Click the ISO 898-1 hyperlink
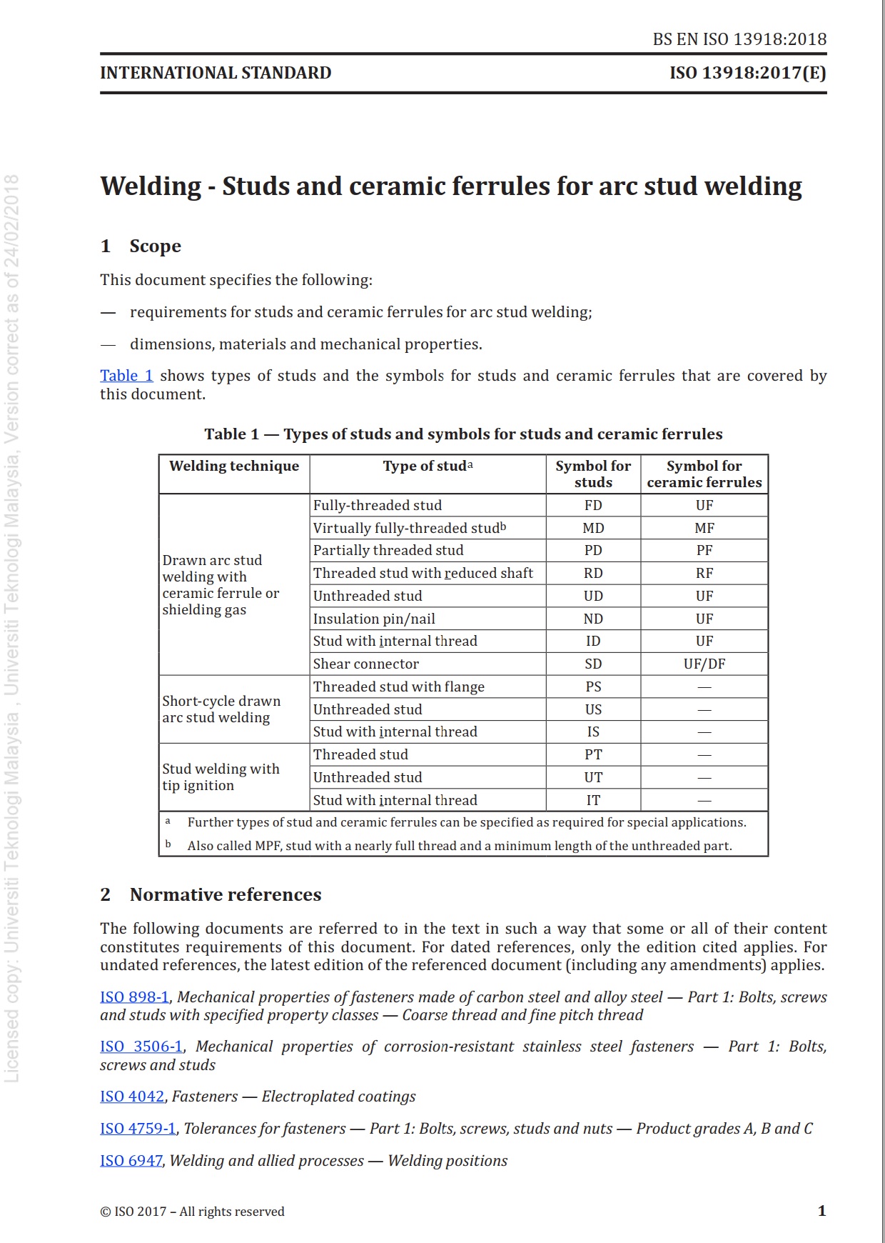coord(134,997)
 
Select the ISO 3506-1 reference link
coord(141,1047)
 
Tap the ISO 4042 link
coord(132,1097)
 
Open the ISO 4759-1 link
coord(138,1129)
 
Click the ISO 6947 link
coord(131,1161)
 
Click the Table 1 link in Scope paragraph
coord(126,376)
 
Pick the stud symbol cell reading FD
coord(593,505)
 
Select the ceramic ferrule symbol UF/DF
coord(704,664)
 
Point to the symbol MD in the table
coord(593,528)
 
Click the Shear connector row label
coord(365,664)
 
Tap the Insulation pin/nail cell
coord(374,619)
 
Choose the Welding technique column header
coord(234,466)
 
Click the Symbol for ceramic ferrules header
coord(704,474)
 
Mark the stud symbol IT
coord(593,800)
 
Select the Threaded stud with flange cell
coord(398,687)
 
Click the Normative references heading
coord(225,894)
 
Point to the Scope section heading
coord(155,246)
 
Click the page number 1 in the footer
coord(821,1211)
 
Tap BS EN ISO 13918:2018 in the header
coord(739,39)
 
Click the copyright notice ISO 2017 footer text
coord(192,1212)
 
